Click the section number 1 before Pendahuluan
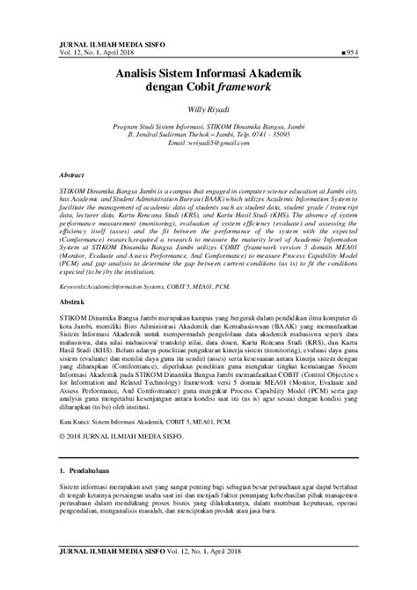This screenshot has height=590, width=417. [48, 484]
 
